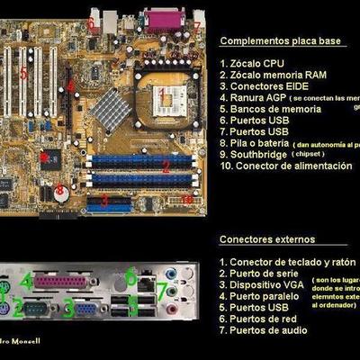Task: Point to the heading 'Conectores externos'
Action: pyautogui.click(x=267, y=239)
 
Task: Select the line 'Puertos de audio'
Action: pyautogui.click(x=267, y=330)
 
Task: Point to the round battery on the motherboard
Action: pyautogui.click(x=60, y=192)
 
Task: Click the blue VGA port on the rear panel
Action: pyautogui.click(x=87, y=308)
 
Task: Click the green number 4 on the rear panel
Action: pyautogui.click(x=27, y=281)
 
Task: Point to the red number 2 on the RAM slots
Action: pyautogui.click(x=166, y=166)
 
